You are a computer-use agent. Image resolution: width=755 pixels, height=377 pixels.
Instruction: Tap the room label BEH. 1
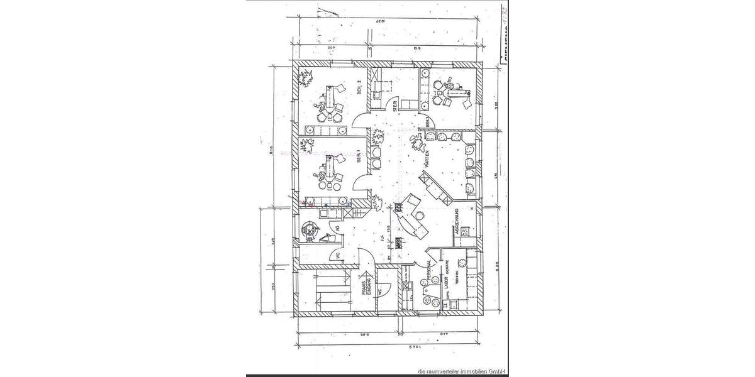[x=359, y=157]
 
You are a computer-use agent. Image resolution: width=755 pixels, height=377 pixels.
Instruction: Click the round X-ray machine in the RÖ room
[x=310, y=231]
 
